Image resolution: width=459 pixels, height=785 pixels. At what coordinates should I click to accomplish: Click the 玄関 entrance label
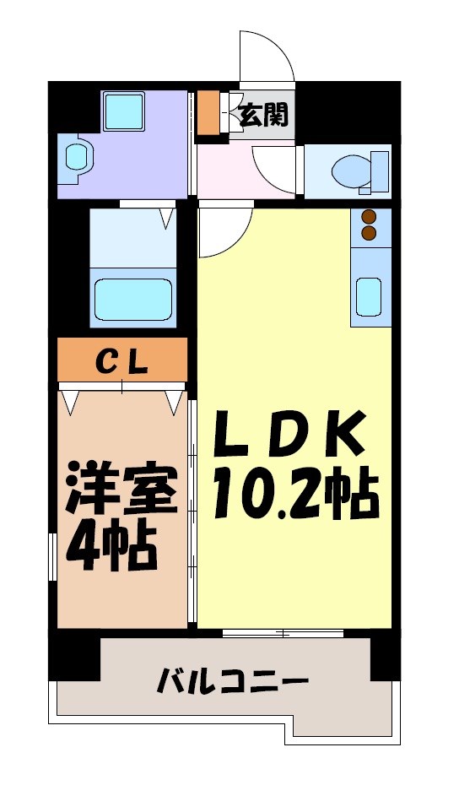click(263, 115)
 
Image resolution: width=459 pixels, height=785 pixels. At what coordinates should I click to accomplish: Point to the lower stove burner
click(370, 231)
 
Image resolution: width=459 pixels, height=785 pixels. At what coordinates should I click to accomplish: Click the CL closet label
click(121, 360)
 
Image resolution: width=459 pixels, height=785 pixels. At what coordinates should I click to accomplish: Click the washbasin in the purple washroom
click(78, 156)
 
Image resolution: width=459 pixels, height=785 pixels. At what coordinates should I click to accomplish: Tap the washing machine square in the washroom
click(123, 110)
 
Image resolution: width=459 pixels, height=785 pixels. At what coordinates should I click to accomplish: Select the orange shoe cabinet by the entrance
click(208, 111)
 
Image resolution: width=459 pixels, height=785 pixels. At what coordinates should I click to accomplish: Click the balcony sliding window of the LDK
click(283, 632)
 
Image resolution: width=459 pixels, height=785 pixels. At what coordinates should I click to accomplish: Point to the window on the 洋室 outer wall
click(54, 557)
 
